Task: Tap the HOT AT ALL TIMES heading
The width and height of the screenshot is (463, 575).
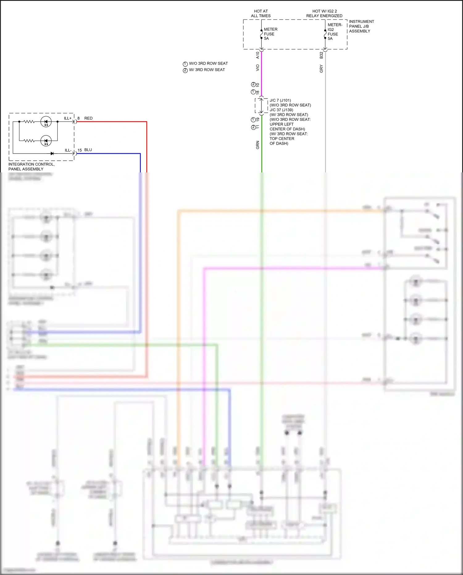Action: click(261, 14)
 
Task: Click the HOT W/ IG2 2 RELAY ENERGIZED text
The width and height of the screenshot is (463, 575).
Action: click(324, 14)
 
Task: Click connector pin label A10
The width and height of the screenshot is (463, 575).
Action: click(258, 55)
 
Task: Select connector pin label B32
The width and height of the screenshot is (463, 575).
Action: click(321, 55)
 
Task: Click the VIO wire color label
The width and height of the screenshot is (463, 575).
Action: click(258, 68)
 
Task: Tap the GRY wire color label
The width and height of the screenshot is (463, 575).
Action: click(321, 69)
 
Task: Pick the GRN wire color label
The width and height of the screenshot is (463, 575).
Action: click(258, 145)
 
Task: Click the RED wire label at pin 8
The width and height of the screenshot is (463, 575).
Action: click(88, 118)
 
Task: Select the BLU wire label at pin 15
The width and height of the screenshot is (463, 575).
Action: click(88, 150)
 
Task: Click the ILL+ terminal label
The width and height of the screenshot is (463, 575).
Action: click(68, 118)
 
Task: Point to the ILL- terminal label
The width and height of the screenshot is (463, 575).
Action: click(68, 150)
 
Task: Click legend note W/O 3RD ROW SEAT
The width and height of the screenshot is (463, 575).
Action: click(208, 64)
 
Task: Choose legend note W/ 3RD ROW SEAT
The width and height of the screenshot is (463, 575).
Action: click(206, 70)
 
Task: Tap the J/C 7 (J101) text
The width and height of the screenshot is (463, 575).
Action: click(280, 100)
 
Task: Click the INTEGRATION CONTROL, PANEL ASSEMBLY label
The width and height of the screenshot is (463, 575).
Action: click(31, 167)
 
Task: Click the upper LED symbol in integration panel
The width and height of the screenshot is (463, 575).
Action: click(46, 122)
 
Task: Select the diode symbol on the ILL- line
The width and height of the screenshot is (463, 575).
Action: click(52, 153)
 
